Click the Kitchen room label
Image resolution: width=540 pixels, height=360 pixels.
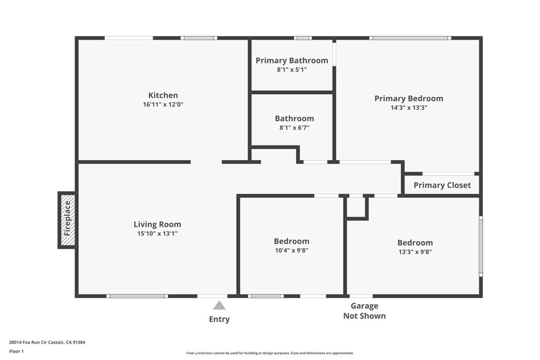(x=163, y=95)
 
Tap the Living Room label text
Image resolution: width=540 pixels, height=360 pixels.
(x=157, y=225)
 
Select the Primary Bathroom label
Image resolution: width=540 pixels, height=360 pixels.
(x=292, y=61)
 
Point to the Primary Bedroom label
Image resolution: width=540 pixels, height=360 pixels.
(x=409, y=99)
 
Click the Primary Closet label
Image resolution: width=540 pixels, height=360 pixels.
(x=442, y=185)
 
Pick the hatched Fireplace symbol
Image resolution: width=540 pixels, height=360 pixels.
(x=67, y=220)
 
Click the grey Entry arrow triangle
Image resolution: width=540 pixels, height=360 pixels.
(x=219, y=306)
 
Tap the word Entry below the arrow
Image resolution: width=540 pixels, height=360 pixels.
(x=219, y=319)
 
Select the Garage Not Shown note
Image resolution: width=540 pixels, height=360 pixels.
(x=364, y=311)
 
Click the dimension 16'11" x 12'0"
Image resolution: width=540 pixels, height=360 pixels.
(x=163, y=104)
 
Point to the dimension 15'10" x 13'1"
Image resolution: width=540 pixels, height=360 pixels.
(x=157, y=233)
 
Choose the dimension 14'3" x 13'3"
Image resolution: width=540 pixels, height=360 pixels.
(x=409, y=108)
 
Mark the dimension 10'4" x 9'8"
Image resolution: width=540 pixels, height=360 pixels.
(x=291, y=251)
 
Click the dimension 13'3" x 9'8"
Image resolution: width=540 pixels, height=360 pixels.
(x=415, y=252)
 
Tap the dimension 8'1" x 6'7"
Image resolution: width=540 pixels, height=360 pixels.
(x=294, y=128)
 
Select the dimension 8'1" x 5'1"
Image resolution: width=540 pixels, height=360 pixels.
(x=292, y=70)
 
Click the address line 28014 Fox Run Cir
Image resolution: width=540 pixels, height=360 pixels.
(x=47, y=342)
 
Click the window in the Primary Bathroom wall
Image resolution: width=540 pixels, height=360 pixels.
(x=303, y=38)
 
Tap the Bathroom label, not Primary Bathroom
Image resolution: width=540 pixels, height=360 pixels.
(x=294, y=119)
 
